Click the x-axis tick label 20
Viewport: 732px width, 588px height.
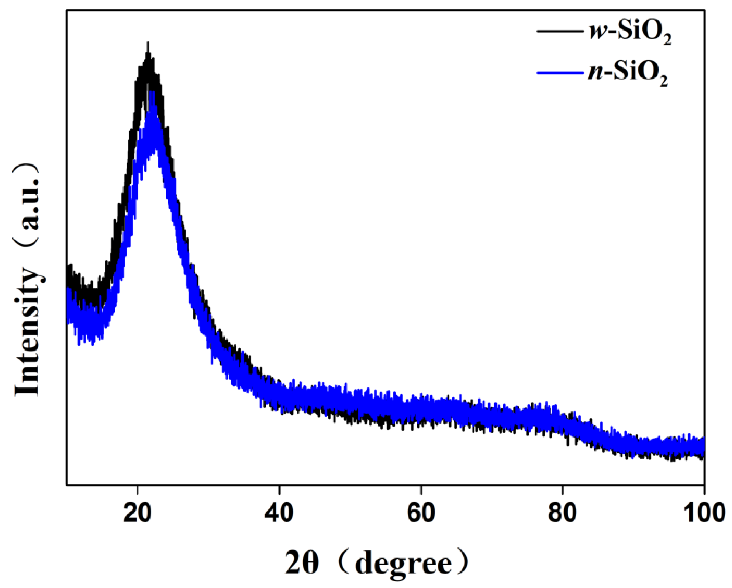(x=137, y=513)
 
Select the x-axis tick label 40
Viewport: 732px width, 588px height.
(x=279, y=513)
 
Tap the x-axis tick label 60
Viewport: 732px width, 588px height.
(x=421, y=513)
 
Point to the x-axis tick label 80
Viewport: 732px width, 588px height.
(x=562, y=513)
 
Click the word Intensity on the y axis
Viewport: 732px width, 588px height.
(x=28, y=332)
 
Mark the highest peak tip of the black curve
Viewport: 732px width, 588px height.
(x=148, y=43)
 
